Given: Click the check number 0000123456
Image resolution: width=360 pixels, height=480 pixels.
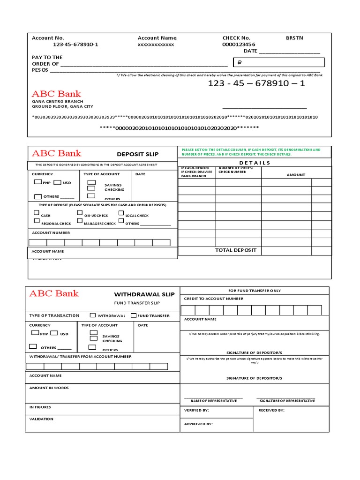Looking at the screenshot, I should coord(239,45).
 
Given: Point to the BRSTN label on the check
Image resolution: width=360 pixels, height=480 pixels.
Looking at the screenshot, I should coord(294,38).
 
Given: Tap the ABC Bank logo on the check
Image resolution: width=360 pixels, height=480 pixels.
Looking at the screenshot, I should coord(56,94).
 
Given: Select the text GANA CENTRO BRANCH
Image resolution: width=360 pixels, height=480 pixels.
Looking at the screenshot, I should coord(58,101).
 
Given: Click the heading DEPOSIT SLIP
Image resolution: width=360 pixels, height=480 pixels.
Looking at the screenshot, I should coord(137,154).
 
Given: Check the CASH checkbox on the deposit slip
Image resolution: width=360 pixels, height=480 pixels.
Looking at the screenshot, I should coord(37,213).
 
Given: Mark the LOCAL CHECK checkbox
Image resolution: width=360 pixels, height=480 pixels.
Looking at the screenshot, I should coord(121,213).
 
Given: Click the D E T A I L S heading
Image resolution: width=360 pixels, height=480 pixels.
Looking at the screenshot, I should coord(255,163).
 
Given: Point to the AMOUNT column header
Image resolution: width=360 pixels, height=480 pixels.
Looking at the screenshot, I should coord(296,175).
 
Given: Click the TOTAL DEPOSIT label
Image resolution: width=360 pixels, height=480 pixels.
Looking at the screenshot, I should coord(236,250).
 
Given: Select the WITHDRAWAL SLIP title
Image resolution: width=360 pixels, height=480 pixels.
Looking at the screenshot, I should coord(144,294).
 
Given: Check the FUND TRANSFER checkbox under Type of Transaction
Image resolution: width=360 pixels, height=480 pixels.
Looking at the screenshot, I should coord(134,315).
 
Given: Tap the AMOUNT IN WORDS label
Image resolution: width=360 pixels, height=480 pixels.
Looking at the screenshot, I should coord(49,388).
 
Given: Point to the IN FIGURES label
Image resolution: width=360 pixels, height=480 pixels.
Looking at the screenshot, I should coord(40,407).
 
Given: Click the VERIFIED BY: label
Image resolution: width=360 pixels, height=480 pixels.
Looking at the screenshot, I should coord(196,410).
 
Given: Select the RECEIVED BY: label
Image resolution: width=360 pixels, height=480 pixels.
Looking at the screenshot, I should coord(271,410).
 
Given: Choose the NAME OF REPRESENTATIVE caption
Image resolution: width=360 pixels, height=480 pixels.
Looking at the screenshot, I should coord(213,401).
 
